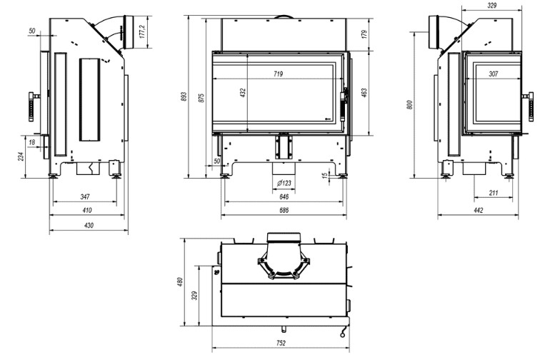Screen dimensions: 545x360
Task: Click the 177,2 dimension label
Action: pyautogui.click(x=142, y=31)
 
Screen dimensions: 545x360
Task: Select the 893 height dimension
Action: pyautogui.click(x=184, y=96)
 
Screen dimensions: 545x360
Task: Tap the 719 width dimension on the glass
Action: pyautogui.click(x=278, y=74)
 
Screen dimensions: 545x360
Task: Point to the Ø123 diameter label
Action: pyautogui.click(x=284, y=183)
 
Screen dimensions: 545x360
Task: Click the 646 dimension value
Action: pyautogui.click(x=284, y=196)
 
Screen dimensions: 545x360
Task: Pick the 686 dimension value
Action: pyautogui.click(x=284, y=210)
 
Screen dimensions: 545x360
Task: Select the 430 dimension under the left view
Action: pyautogui.click(x=89, y=225)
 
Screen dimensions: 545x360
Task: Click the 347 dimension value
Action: pyautogui.click(x=85, y=196)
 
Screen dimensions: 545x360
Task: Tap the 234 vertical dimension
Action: pyautogui.click(x=21, y=156)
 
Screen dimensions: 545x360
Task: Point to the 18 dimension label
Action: pyautogui.click(x=32, y=142)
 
